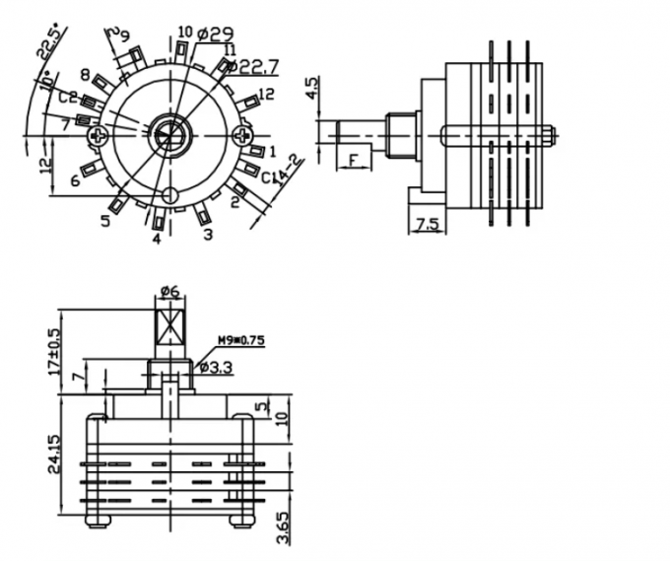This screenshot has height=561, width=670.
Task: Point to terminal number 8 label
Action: point(87,76)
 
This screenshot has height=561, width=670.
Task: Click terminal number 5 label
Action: point(105,220)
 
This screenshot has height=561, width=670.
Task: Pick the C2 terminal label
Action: point(67,98)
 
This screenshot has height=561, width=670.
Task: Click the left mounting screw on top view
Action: point(98,135)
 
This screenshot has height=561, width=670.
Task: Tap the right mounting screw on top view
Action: point(243,135)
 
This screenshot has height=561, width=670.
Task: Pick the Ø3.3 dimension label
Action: point(215,368)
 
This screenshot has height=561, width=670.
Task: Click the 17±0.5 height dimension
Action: point(54,347)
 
